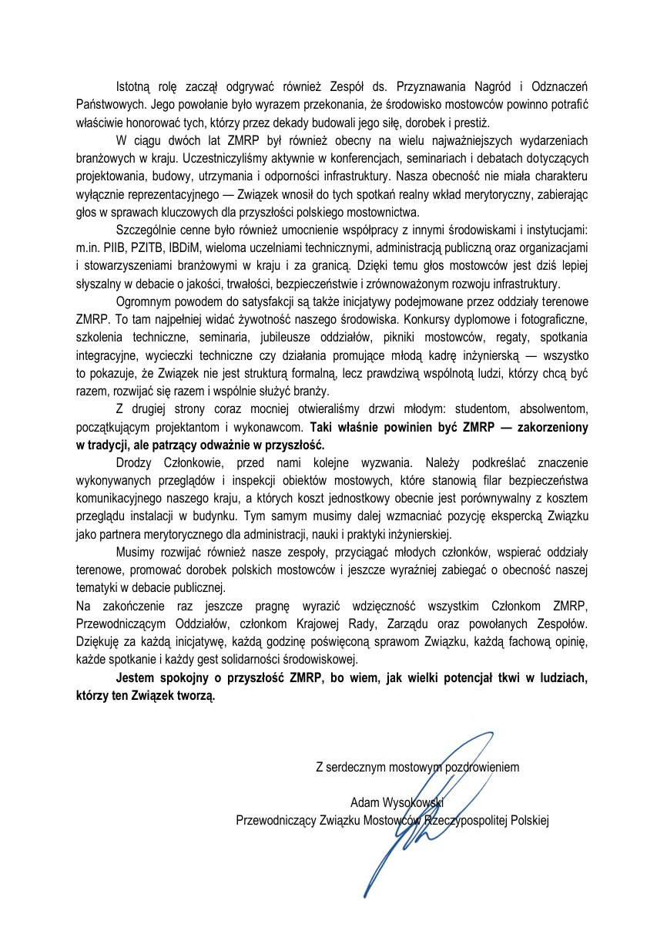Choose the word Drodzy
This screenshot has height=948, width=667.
pos(134,462)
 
